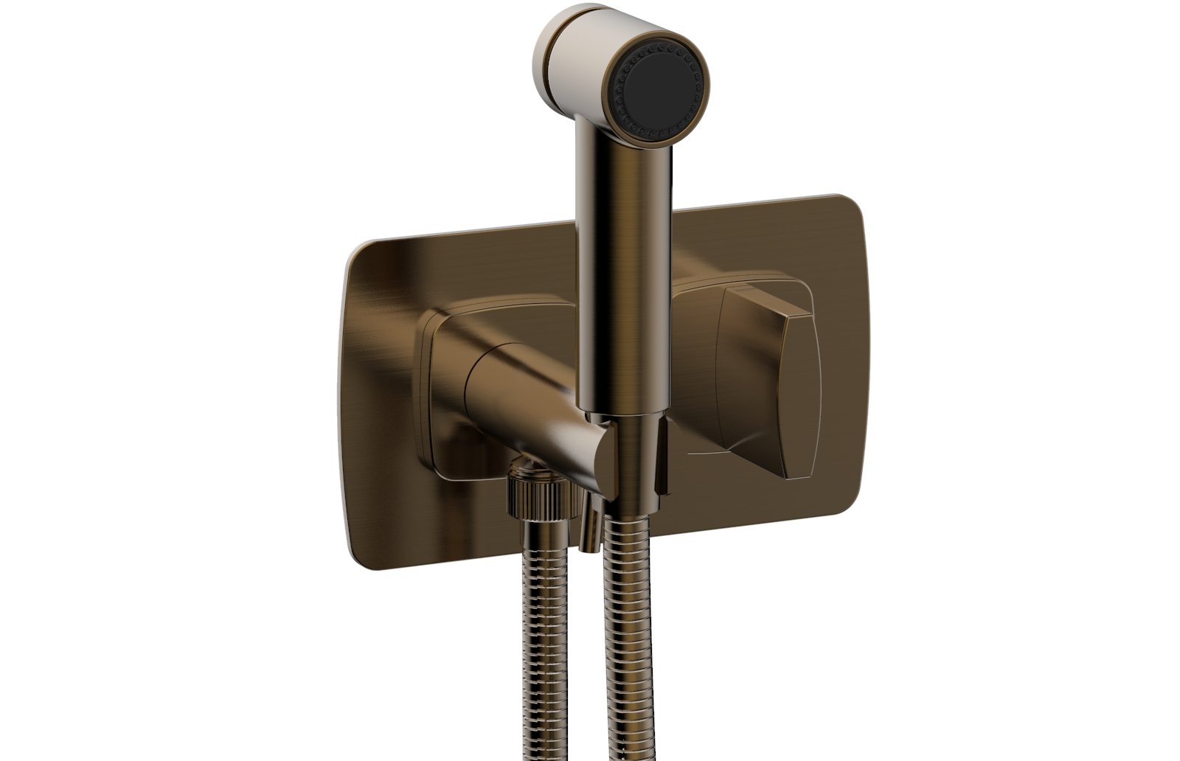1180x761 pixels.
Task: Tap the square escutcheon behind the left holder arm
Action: tap(442, 413)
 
